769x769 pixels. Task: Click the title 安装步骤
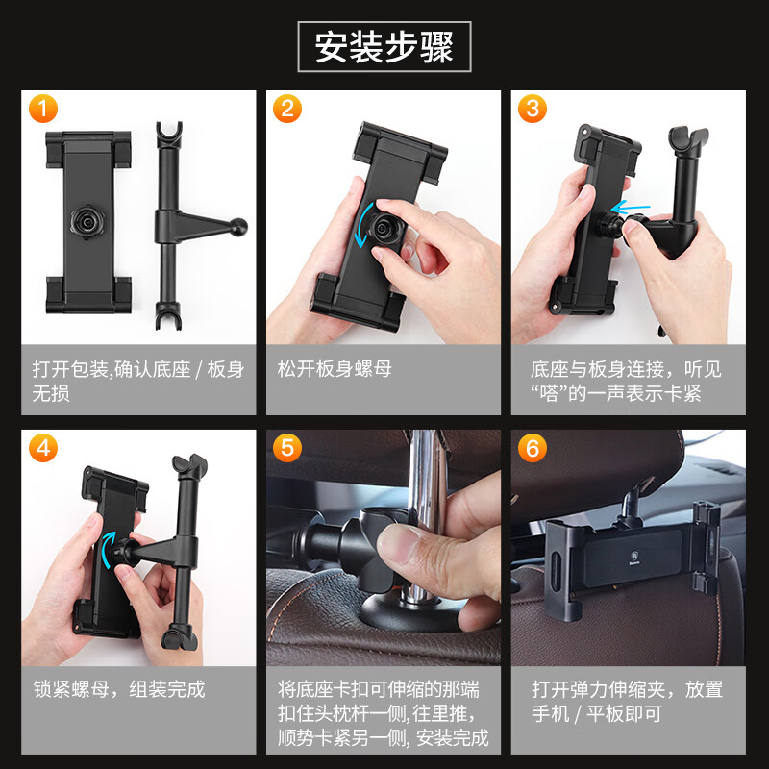tap(384, 46)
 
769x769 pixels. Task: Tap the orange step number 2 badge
tap(285, 108)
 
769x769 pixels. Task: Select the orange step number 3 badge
tap(532, 108)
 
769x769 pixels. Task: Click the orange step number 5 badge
tap(285, 448)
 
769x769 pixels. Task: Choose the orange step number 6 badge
tap(532, 448)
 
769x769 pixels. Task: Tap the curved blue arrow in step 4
tap(107, 549)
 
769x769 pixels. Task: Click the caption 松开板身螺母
tap(335, 369)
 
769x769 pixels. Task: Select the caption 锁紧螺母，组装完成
tap(118, 689)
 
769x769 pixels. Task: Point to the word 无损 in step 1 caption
tap(52, 394)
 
